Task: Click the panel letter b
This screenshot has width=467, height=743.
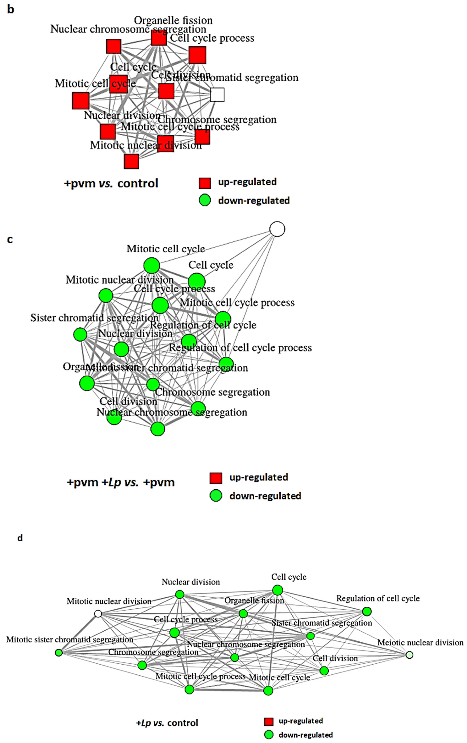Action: pos(11,10)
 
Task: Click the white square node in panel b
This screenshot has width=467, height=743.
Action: pos(217,95)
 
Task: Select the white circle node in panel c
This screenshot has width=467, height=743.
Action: pos(277,229)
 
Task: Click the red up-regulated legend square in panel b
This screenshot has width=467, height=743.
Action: pos(205,183)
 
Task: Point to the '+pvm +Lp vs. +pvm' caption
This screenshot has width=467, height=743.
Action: pos(120,482)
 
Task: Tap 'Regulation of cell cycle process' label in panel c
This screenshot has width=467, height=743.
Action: pos(240,348)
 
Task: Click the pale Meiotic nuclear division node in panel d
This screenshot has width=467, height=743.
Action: pos(409,655)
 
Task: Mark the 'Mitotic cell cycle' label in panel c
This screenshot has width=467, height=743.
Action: pos(166,249)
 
